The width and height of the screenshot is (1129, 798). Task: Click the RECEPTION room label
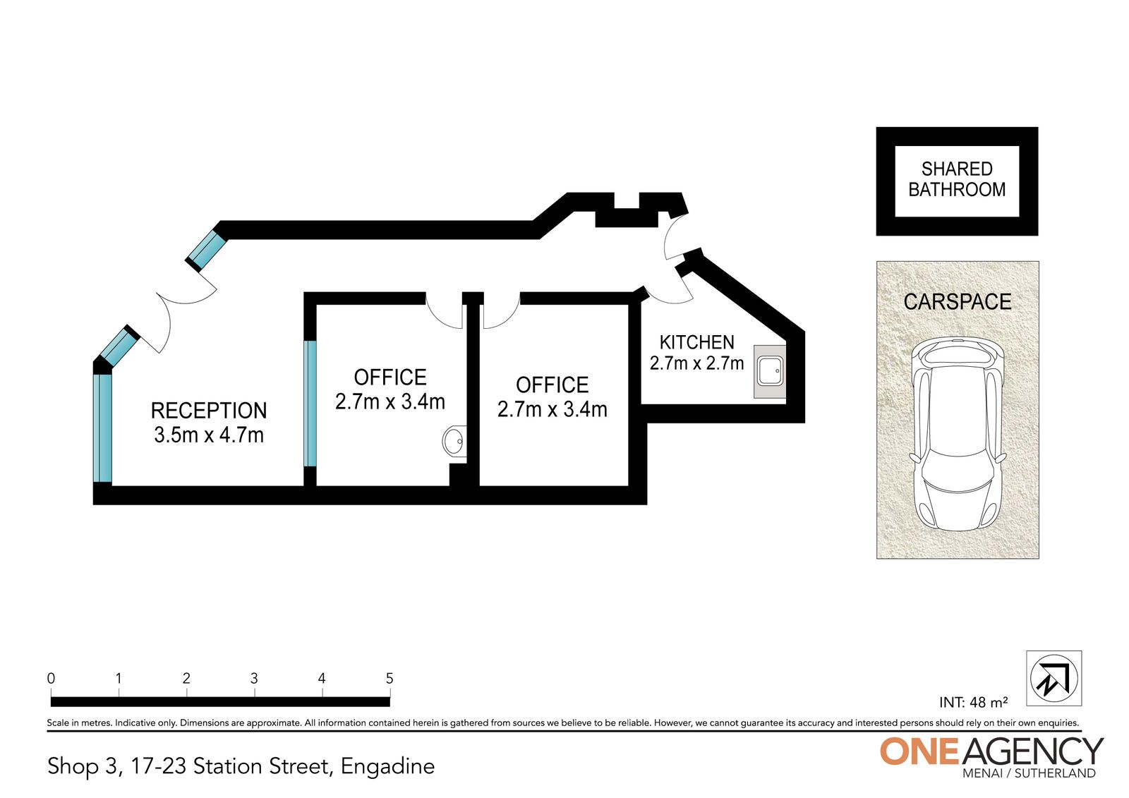pos(209,411)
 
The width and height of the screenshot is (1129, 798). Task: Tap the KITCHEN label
pos(697,343)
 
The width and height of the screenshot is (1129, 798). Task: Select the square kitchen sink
pos(770,372)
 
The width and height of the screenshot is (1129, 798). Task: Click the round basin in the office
pos(454,441)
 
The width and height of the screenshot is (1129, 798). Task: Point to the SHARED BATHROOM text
pos(957,179)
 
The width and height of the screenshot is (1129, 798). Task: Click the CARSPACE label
pos(957,302)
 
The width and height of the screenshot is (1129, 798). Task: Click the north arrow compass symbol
pos(1054,678)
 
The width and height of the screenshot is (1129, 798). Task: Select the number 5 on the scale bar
pos(389,679)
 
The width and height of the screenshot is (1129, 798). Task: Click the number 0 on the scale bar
pos(51,679)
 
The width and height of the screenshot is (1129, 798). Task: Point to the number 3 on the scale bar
pos(254,679)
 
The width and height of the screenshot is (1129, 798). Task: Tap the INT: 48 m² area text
pos(973,702)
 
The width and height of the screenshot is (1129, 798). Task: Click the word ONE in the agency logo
pos(919,751)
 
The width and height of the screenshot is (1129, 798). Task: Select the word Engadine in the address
pos(387,767)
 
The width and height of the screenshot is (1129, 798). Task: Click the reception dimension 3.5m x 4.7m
pos(209,435)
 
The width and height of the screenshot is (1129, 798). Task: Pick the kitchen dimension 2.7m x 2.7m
pos(697,363)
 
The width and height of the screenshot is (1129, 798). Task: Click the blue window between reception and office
pos(310,404)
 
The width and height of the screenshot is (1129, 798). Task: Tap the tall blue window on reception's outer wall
pos(102,428)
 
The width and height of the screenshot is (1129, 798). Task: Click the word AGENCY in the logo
pos(1032,751)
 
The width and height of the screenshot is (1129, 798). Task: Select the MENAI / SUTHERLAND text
pos(1030,773)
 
